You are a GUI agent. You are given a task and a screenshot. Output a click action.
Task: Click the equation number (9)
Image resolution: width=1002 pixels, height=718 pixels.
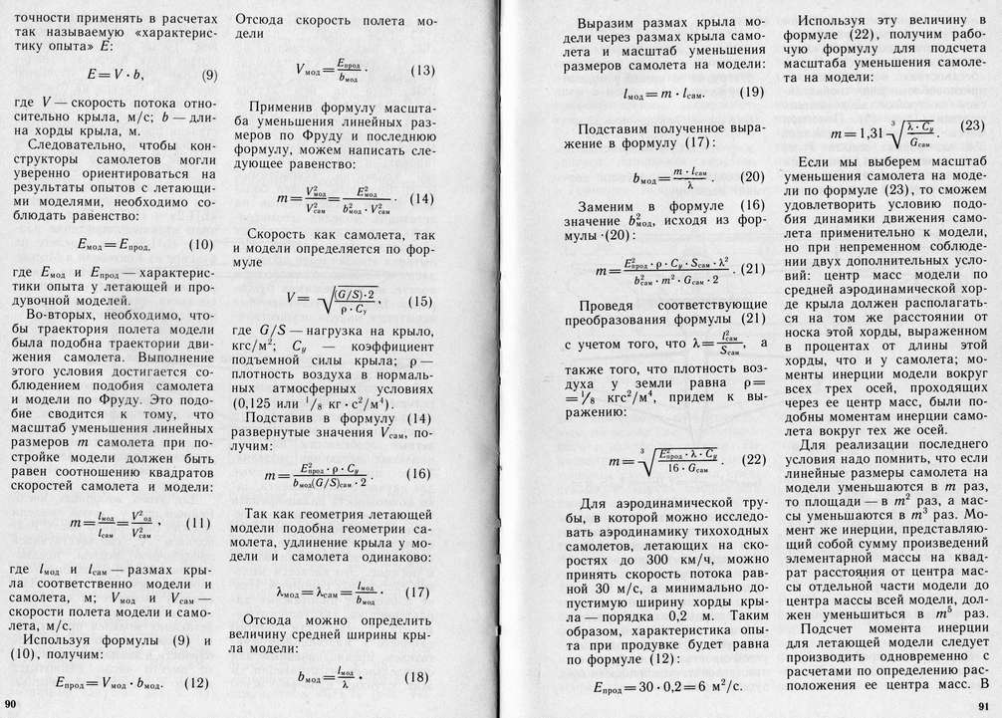coord(210,76)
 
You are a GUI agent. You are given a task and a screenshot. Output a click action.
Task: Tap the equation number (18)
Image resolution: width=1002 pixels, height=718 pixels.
coord(417,677)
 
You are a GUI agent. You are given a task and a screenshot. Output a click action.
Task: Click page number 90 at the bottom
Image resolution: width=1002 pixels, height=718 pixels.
coord(12,705)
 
